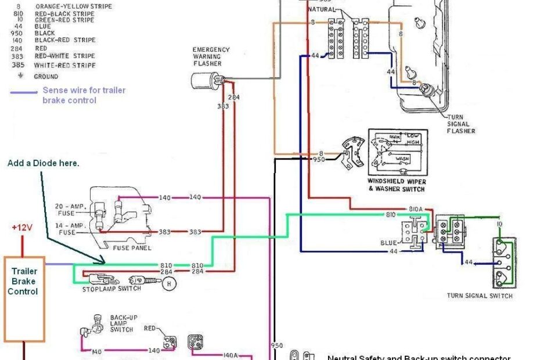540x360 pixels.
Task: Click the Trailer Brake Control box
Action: (24, 298)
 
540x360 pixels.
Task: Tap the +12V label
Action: (23, 228)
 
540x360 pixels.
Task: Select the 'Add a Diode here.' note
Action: (43, 163)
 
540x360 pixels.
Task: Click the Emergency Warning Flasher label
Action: (211, 56)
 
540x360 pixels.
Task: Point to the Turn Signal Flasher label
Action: (461, 124)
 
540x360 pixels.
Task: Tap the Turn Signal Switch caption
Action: (480, 296)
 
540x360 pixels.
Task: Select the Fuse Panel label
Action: (133, 248)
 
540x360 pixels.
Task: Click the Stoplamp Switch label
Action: (111, 289)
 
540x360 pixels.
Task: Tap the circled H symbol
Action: (169, 283)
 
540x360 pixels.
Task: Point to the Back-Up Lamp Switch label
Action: (122, 323)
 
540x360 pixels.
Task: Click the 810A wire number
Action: (415, 208)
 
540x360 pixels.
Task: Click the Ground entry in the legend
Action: (46, 76)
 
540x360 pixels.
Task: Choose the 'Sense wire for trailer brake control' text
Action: (84, 95)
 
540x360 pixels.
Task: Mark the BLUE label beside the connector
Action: (388, 243)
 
